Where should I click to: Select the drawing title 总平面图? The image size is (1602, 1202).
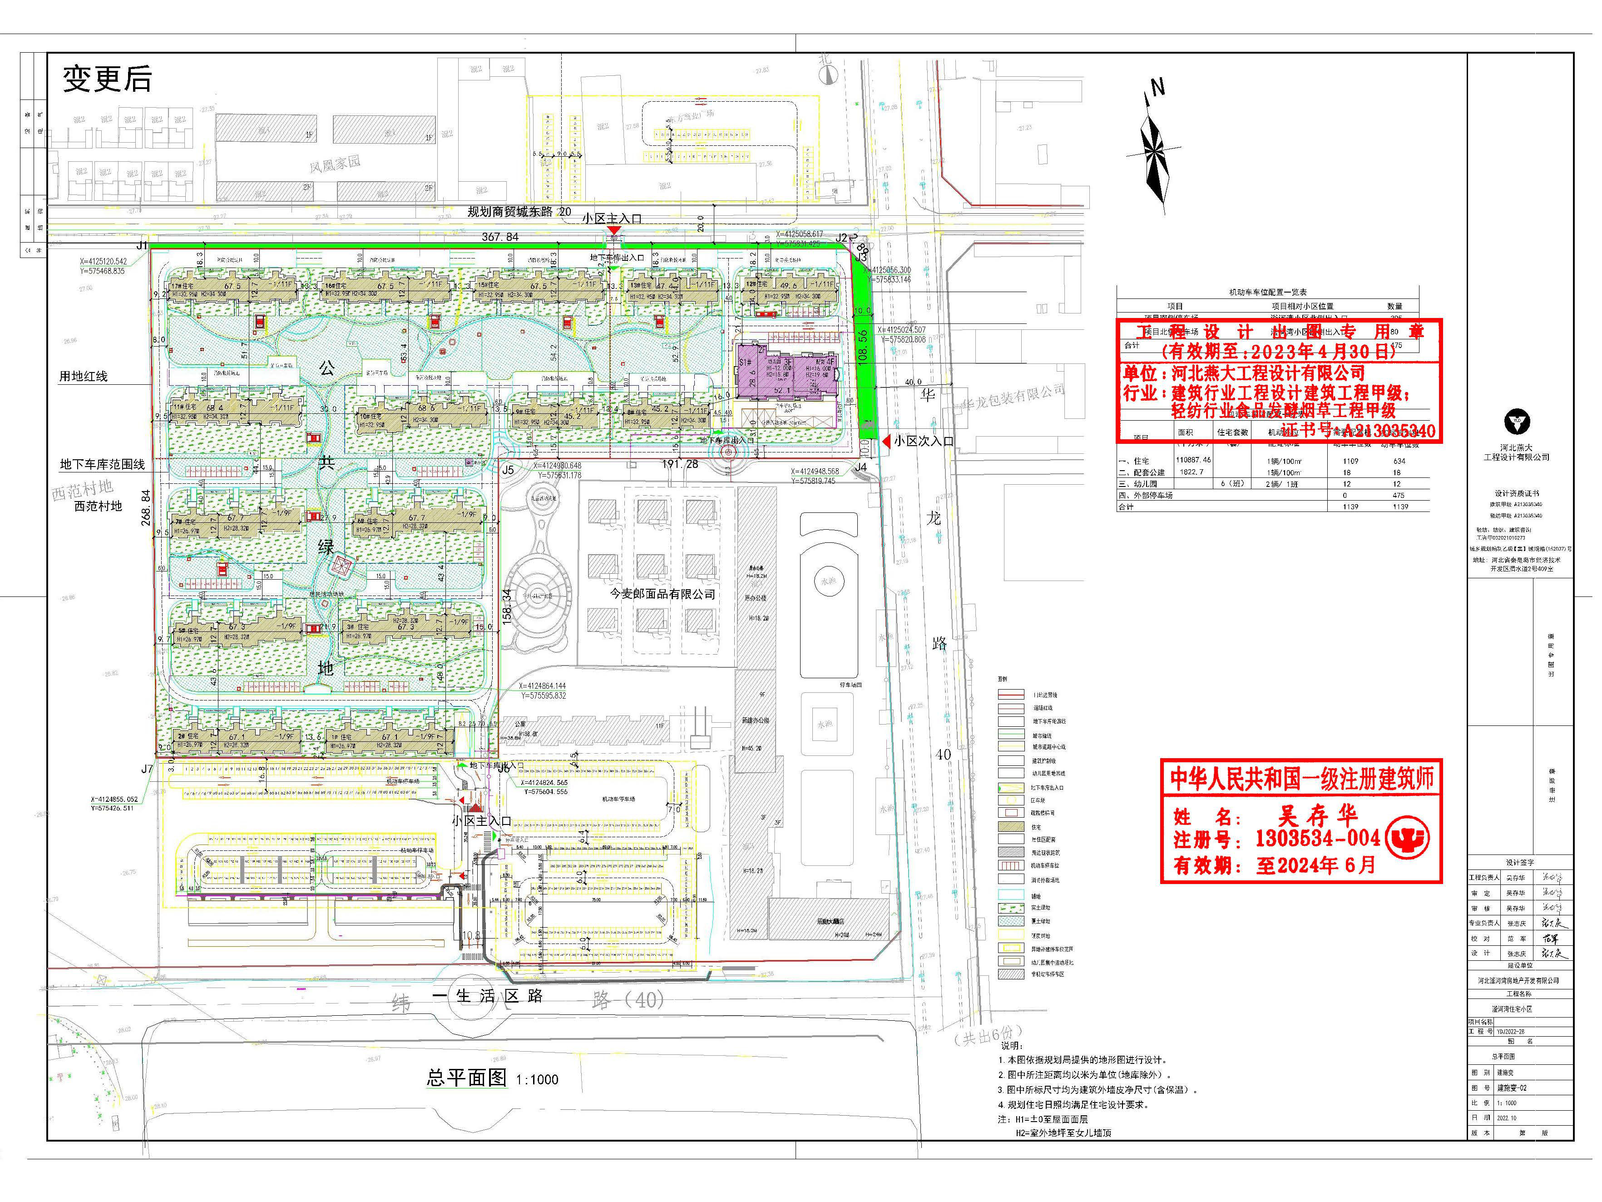[467, 1078]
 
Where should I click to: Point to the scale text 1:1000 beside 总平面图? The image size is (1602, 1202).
[537, 1079]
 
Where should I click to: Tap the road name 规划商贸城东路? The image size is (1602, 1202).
[510, 212]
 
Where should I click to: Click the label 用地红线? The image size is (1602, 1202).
[83, 376]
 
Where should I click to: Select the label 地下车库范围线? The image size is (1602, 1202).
[102, 464]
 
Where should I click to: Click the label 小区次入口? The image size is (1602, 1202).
[924, 441]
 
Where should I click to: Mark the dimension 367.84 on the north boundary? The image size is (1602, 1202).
[500, 237]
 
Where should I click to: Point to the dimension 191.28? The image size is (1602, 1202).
[680, 464]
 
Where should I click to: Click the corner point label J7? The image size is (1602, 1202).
[147, 769]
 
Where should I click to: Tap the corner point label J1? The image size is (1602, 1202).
[142, 246]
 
